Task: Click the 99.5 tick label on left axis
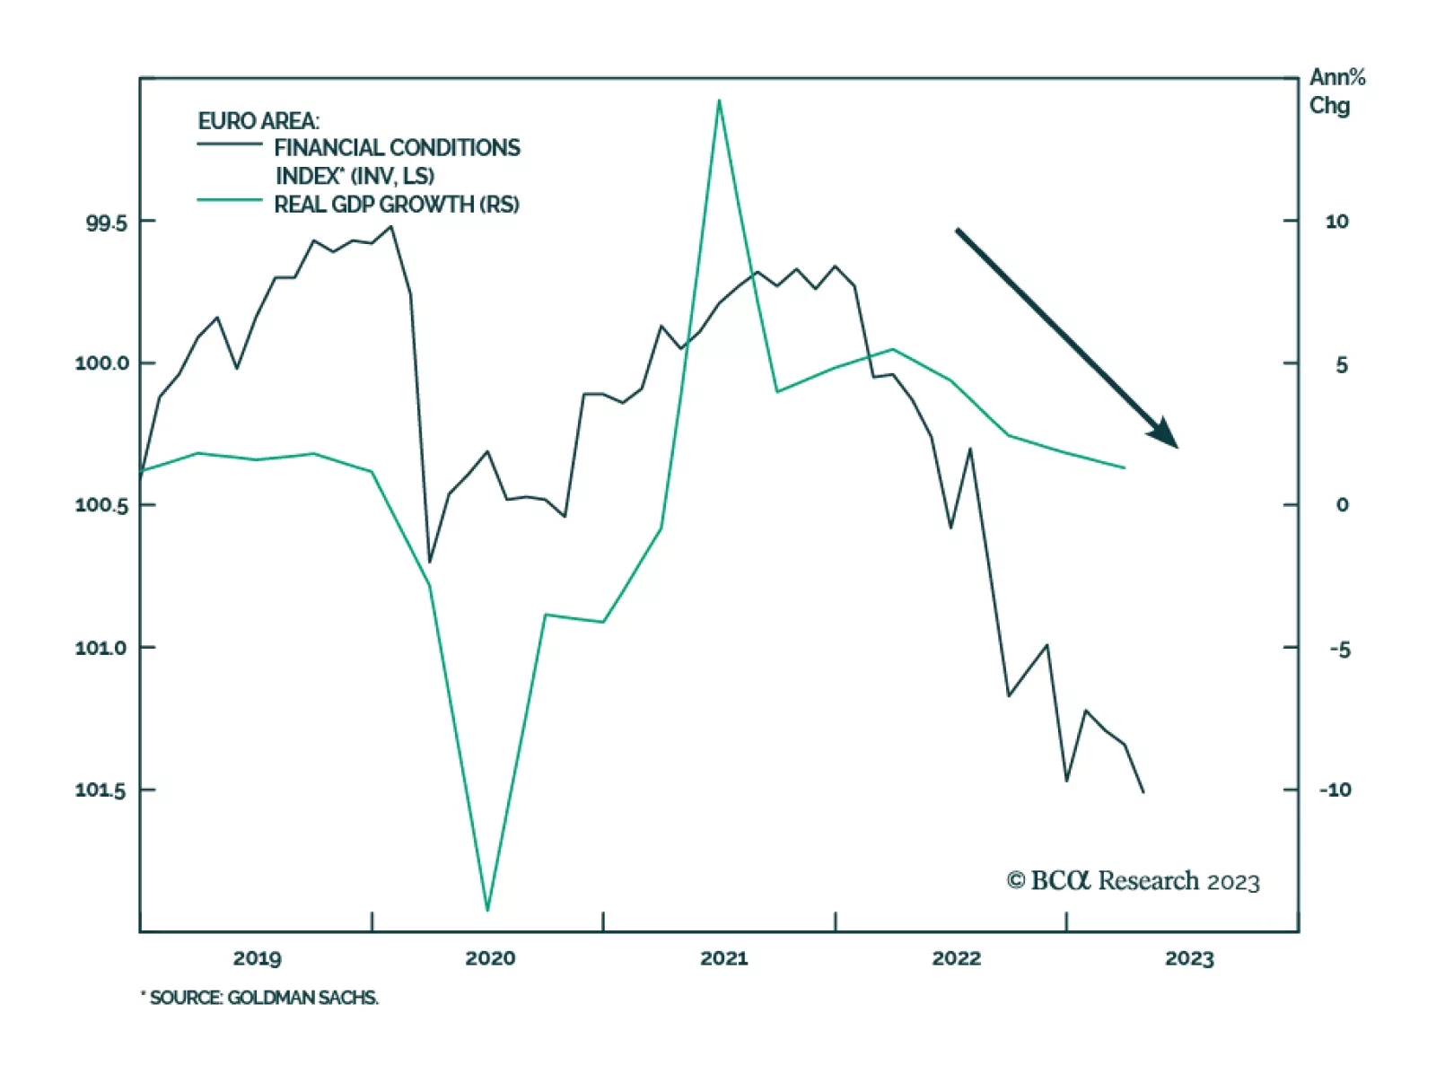106,223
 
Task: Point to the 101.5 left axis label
101,790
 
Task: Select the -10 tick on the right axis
1335,790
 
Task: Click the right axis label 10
1336,223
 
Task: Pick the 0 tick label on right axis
1342,506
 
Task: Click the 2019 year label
257,959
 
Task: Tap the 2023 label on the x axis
1189,959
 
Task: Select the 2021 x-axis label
723,959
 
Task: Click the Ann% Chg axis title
1336,92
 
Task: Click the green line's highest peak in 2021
719,100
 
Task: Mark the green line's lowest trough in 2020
487,910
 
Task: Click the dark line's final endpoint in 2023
1143,791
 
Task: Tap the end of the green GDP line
1124,467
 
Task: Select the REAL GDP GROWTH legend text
396,205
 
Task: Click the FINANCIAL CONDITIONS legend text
397,148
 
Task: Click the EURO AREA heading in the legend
258,121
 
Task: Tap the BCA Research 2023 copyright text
1133,881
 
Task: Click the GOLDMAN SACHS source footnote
260,998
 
